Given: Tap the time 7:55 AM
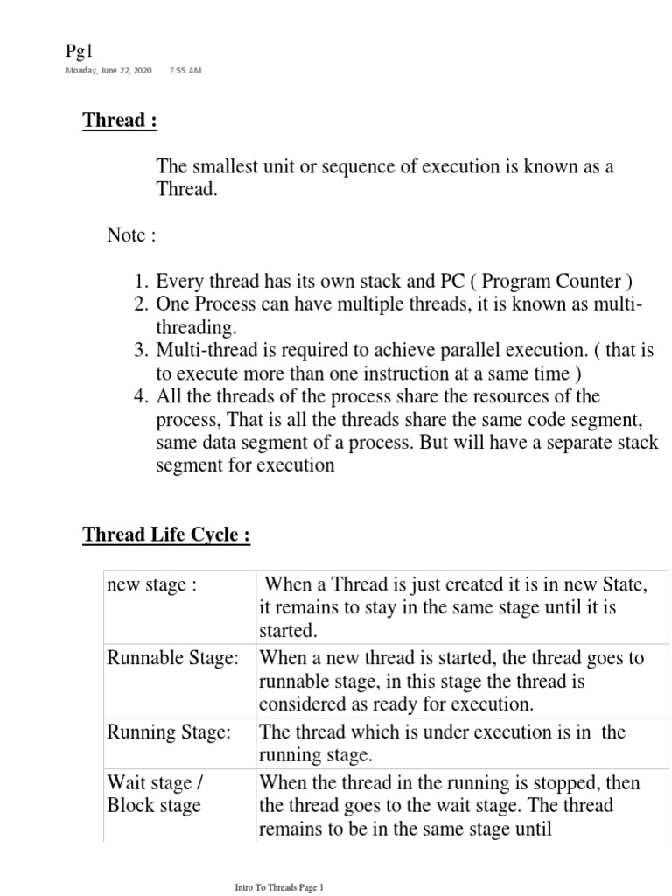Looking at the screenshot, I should tap(185, 70).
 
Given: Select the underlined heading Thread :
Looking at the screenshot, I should tap(120, 121).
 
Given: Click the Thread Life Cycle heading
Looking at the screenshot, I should tap(166, 535).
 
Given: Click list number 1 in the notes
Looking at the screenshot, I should tap(141, 282).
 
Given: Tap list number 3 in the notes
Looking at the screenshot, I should tap(141, 351).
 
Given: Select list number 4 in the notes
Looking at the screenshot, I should tap(141, 396).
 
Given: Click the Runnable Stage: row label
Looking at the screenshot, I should tap(172, 659).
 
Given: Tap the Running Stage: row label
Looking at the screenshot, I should tap(168, 732).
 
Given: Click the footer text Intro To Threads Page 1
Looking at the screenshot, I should tap(279, 886).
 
